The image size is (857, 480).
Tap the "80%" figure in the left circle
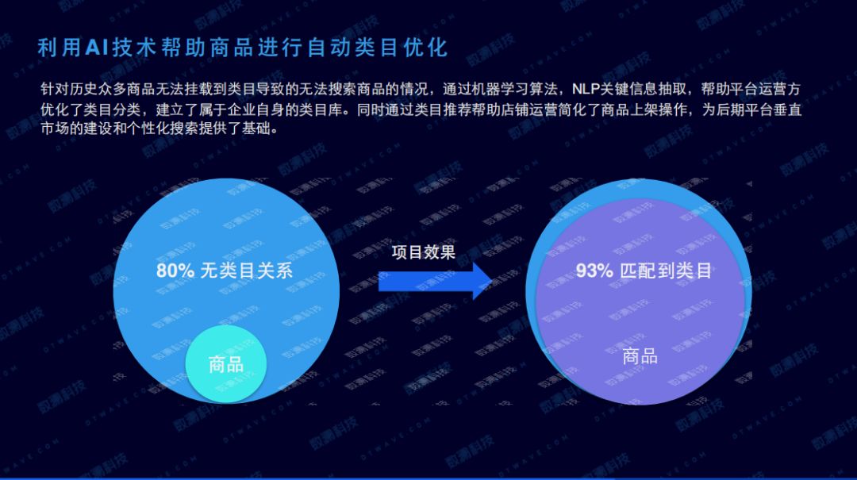pos(175,270)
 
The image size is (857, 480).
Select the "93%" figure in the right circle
pos(594,270)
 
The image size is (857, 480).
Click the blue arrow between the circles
pos(435,282)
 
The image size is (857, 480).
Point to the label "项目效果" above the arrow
pos(424,252)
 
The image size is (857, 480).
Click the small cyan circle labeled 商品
pos(225,364)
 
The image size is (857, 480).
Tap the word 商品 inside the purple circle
pos(640,356)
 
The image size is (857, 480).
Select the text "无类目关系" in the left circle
pos(247,270)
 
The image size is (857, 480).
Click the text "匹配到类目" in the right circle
pos(666,270)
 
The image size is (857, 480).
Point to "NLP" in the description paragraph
pos(586,89)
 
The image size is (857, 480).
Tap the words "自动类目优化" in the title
pos(378,48)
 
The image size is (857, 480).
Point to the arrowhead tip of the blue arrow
pos(492,282)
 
